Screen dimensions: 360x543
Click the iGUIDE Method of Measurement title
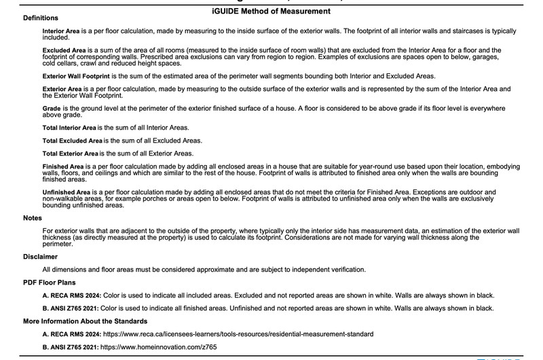pos(271,12)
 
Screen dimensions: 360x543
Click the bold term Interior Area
pos(62,32)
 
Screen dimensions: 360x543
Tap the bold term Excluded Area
pos(64,50)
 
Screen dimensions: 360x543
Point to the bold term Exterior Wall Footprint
pos(81,75)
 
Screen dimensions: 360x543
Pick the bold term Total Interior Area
pos(69,128)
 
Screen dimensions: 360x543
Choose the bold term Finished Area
pos(62,166)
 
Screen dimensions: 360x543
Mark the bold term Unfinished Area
pos(66,192)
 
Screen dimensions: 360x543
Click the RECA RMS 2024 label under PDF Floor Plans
pos(70,295)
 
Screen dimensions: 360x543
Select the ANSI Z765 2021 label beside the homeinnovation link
pos(70,347)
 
